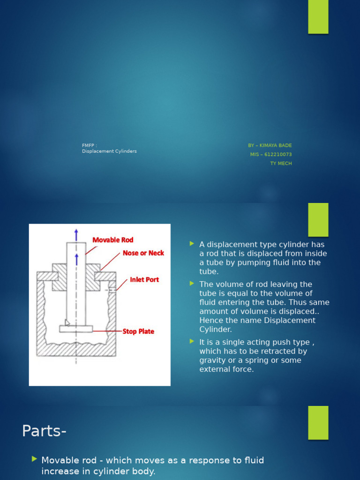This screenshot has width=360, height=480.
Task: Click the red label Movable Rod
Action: [x=112, y=240]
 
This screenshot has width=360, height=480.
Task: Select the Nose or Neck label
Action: [x=143, y=253]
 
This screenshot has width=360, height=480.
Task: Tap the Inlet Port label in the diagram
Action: [x=144, y=280]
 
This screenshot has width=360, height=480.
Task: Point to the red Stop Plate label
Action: [x=138, y=331]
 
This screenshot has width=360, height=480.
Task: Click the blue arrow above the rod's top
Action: [x=76, y=234]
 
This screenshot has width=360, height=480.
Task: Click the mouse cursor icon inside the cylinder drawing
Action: [x=67, y=322]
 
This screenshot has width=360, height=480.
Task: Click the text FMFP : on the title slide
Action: [x=90, y=145]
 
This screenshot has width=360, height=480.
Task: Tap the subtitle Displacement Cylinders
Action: [x=109, y=151]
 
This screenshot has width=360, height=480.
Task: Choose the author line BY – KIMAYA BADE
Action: [x=270, y=145]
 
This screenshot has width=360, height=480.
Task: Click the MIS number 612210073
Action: [x=270, y=154]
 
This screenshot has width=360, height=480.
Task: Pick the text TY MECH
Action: [x=281, y=164]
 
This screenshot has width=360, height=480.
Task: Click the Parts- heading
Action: [x=44, y=431]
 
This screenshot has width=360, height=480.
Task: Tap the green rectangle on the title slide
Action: [x=318, y=17]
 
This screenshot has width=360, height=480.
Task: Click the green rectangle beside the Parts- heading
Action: [x=318, y=422]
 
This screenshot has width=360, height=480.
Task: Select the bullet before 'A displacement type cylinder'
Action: [x=192, y=244]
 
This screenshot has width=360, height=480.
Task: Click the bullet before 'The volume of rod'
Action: [x=192, y=284]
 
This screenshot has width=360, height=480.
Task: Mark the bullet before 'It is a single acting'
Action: [x=192, y=342]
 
